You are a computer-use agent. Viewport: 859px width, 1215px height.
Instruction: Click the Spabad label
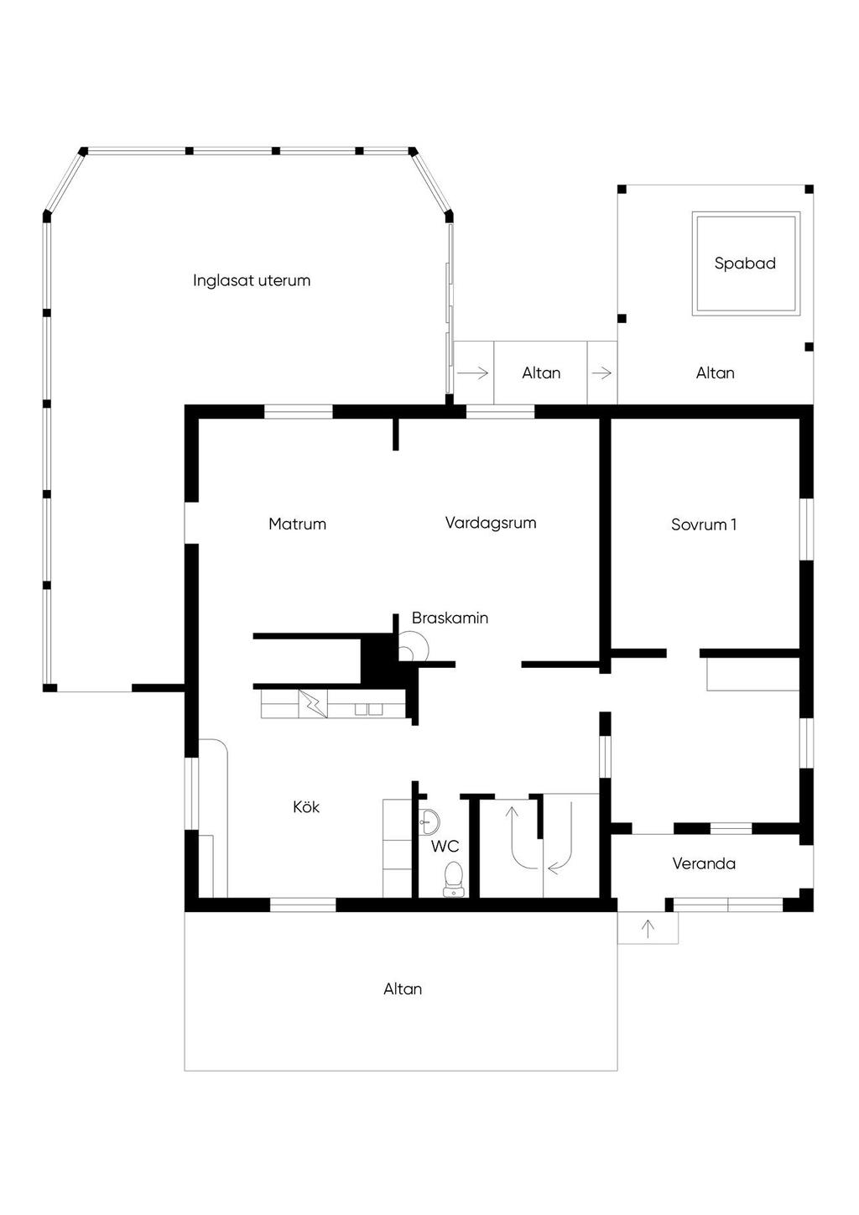pos(745,263)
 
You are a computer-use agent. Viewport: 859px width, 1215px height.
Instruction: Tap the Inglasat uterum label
pos(252,280)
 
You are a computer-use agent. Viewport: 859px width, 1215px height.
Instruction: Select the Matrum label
pos(297,524)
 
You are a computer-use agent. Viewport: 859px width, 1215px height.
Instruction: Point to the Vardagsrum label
pos(491,523)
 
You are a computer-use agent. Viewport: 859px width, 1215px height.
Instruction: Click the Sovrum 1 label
pos(704,524)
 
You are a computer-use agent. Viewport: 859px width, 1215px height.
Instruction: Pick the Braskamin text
pos(450,618)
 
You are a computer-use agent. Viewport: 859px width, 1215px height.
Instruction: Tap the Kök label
pos(306,807)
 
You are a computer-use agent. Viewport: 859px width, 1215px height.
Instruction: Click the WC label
pos(445,846)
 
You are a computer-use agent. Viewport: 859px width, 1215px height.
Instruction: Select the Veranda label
pos(704,863)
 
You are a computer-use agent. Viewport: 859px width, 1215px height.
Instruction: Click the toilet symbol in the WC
pos(453,880)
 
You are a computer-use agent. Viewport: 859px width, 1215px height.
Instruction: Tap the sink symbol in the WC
pos(428,822)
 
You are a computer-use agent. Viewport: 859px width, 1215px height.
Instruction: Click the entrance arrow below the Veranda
pos(648,929)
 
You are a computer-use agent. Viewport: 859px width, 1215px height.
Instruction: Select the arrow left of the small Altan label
pos(473,373)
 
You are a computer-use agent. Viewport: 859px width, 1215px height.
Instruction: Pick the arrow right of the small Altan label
pos(601,373)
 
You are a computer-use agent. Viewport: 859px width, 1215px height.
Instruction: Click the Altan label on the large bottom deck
pos(403,989)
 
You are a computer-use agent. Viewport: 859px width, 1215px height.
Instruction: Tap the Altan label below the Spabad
pos(716,373)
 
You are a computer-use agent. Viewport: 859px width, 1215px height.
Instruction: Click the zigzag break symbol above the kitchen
pos(314,703)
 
